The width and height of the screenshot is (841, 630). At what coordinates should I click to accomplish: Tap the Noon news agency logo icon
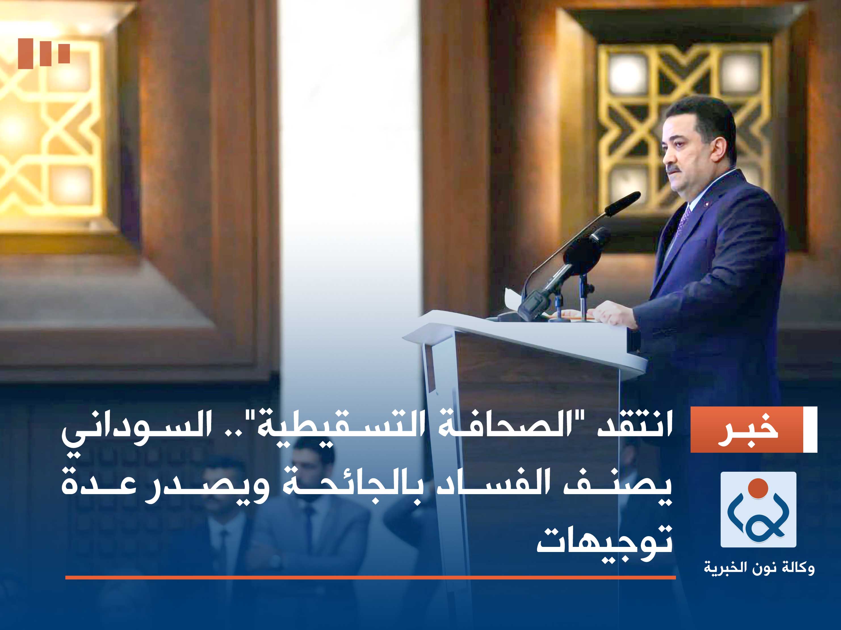[758, 509]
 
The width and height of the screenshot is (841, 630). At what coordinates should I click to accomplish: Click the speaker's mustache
[673, 168]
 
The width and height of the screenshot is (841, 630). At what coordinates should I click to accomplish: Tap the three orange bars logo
[44, 53]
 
